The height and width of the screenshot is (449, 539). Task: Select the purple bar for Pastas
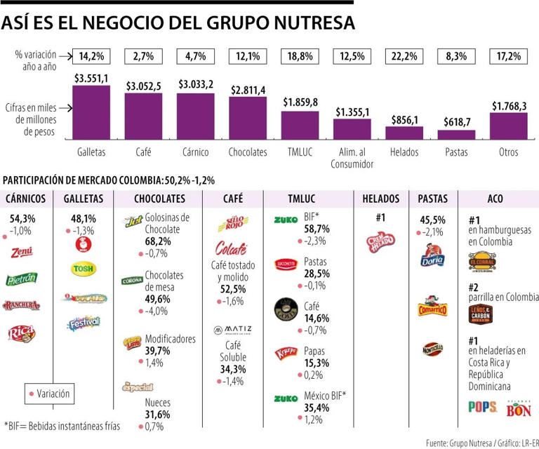[x=457, y=133]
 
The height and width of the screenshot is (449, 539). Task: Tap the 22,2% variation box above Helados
[x=405, y=55]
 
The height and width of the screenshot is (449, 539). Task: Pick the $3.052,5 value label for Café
[x=143, y=86]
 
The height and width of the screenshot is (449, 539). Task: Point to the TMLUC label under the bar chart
[x=300, y=152]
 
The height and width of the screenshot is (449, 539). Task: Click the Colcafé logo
[x=232, y=248]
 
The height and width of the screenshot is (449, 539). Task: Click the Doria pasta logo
[x=433, y=257]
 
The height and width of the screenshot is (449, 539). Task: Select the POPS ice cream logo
[x=482, y=406]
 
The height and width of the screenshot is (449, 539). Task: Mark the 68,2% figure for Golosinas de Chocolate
[x=159, y=241]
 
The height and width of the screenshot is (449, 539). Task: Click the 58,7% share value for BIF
[x=317, y=229]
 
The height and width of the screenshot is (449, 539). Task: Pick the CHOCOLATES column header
[x=159, y=199]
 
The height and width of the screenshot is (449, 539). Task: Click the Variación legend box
[x=50, y=394]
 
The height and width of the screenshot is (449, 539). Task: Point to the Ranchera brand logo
[x=22, y=304]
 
